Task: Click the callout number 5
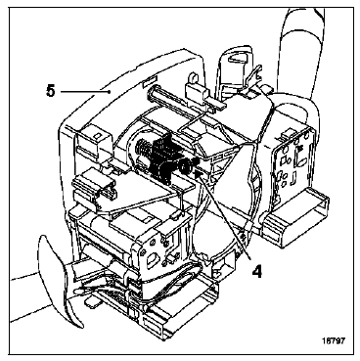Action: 51,91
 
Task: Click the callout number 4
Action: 257,272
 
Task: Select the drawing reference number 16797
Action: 333,340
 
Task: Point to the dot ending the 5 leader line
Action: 109,92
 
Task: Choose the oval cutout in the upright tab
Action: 238,59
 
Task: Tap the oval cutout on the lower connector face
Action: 152,261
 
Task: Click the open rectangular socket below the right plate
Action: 295,223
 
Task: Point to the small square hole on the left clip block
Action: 97,136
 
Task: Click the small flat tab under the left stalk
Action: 92,302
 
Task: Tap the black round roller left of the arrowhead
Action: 186,166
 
